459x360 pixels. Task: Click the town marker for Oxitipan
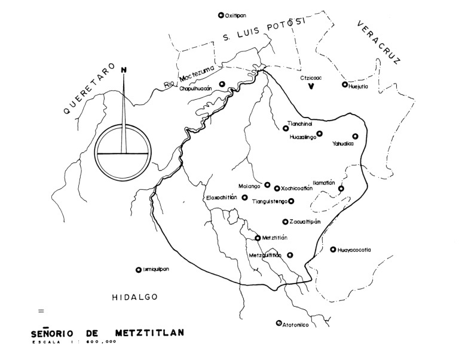[221, 16]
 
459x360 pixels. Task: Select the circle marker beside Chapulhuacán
[222, 84]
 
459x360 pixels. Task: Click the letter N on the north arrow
[124, 69]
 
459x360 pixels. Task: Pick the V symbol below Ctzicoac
[311, 87]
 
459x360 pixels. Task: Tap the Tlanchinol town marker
[286, 127]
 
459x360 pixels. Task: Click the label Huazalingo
[302, 137]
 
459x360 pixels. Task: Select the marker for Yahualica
[355, 136]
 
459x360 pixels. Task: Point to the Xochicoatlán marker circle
[277, 188]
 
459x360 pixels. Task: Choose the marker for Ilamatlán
[341, 189]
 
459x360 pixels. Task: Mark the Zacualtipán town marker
[286, 221]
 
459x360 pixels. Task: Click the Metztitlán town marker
[258, 238]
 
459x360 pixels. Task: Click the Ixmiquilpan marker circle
[138, 270]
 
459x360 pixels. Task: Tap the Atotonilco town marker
[279, 324]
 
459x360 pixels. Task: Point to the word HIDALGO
[133, 297]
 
